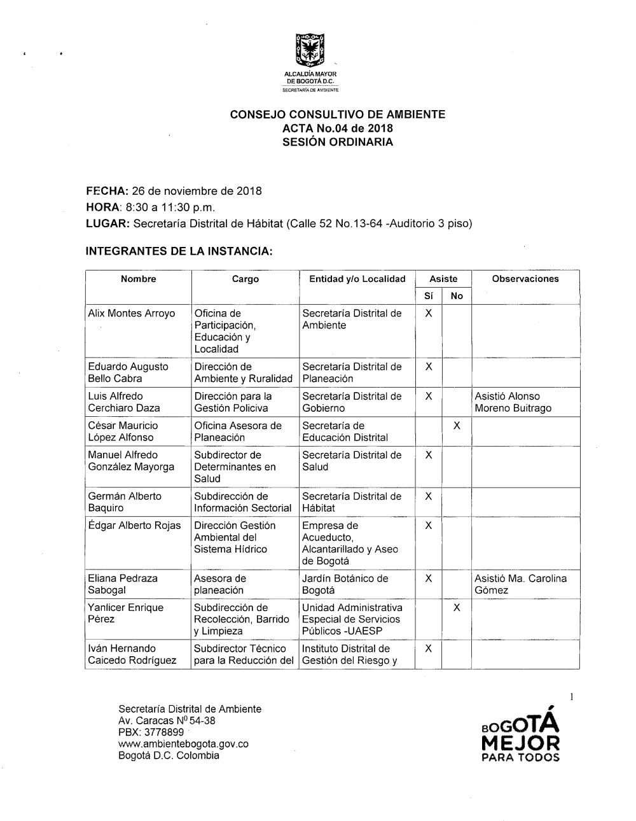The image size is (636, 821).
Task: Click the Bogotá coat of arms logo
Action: click(311, 50)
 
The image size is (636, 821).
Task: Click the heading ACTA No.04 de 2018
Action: click(337, 129)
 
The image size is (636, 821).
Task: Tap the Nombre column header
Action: click(138, 279)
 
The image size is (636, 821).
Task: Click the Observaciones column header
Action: click(525, 279)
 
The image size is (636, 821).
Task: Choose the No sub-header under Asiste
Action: click(457, 295)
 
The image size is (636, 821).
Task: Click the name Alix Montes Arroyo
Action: click(132, 313)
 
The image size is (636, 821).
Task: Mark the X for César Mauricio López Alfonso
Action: click(457, 426)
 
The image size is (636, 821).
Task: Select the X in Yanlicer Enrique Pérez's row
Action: click(457, 608)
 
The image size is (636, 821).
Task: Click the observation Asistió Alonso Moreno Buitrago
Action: click(513, 402)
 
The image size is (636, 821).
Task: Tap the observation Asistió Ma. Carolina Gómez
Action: click(520, 584)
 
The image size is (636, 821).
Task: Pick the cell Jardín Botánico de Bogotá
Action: click(345, 584)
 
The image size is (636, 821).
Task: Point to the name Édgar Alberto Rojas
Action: click(134, 526)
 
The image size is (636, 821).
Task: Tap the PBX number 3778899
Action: click(165, 733)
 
